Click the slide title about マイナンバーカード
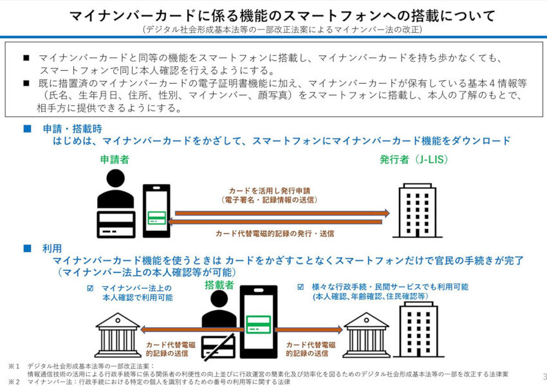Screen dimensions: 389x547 (x=274, y=14)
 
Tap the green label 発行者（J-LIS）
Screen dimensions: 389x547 (x=414, y=159)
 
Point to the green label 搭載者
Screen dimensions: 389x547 (x=219, y=284)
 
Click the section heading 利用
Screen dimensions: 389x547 (x=52, y=248)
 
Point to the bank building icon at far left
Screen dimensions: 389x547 (x=118, y=334)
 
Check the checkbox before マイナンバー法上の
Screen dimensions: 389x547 (x=91, y=287)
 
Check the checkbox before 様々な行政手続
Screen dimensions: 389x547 (x=301, y=287)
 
